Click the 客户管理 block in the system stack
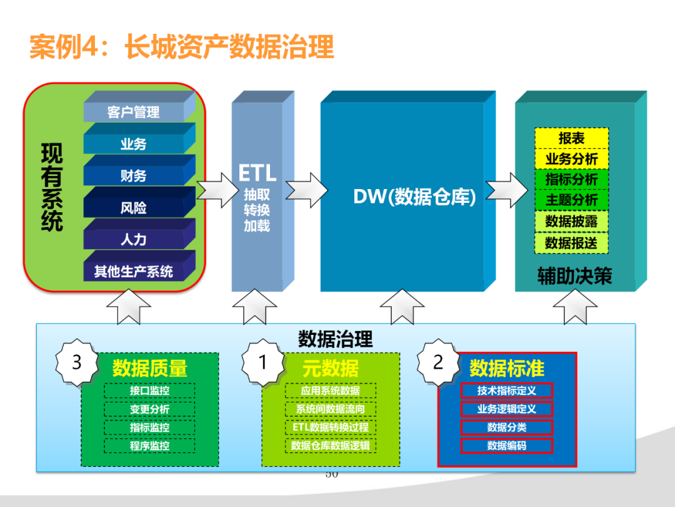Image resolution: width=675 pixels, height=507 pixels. coord(134,112)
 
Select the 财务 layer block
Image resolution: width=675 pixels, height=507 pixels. coord(134,176)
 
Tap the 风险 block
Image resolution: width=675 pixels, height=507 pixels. coord(134,208)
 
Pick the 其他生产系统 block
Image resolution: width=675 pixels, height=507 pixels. coord(134,272)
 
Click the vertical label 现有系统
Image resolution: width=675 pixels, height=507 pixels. coord(52,188)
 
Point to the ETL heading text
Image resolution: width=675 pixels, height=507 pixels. coord(257,173)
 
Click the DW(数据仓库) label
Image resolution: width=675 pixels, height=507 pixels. coord(414,197)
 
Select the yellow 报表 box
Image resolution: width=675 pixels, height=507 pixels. coord(571,138)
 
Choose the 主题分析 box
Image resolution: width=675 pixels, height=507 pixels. coord(571,200)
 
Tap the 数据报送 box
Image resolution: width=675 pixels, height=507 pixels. coord(571,243)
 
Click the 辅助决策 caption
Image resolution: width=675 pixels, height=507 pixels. coord(574,277)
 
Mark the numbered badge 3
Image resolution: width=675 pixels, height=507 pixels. coord(77,362)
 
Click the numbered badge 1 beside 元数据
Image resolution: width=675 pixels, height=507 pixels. coord(263,362)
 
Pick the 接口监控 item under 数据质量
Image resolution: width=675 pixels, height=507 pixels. coord(149,391)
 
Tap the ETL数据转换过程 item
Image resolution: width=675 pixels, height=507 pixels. coord(330,427)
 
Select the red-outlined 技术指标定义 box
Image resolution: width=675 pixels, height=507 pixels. coord(507,391)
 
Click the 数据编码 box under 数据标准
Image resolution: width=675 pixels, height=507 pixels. coord(507,446)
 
